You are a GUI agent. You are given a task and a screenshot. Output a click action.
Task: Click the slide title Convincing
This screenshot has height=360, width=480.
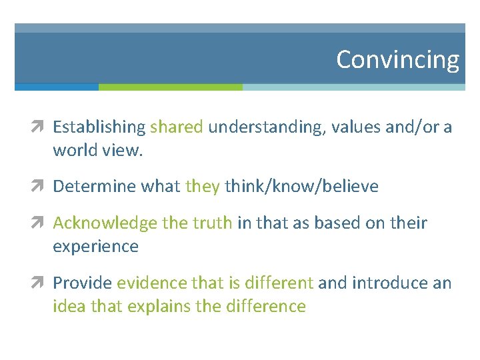coord(397,60)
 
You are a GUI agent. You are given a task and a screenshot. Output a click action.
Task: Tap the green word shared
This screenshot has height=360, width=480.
coord(177,127)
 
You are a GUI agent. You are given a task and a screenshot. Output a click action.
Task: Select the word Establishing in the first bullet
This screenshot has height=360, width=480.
coord(99,127)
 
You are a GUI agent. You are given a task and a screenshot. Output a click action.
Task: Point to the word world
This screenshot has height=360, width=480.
coord(75,151)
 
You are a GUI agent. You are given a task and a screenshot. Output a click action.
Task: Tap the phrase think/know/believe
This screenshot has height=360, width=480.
coord(301,187)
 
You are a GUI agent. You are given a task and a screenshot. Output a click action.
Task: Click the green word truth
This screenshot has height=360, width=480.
coord(210,223)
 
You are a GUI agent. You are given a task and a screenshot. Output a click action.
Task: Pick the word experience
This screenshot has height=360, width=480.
coord(95,247)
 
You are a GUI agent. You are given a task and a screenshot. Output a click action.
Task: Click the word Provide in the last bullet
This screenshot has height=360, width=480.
coord(82,283)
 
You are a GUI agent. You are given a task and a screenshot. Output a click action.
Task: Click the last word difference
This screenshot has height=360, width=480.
coord(266,307)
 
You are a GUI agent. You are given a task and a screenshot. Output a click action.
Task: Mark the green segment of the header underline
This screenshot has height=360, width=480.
coord(170,87)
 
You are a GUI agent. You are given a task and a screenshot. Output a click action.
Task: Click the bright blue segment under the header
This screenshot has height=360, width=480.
coord(56,87)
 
